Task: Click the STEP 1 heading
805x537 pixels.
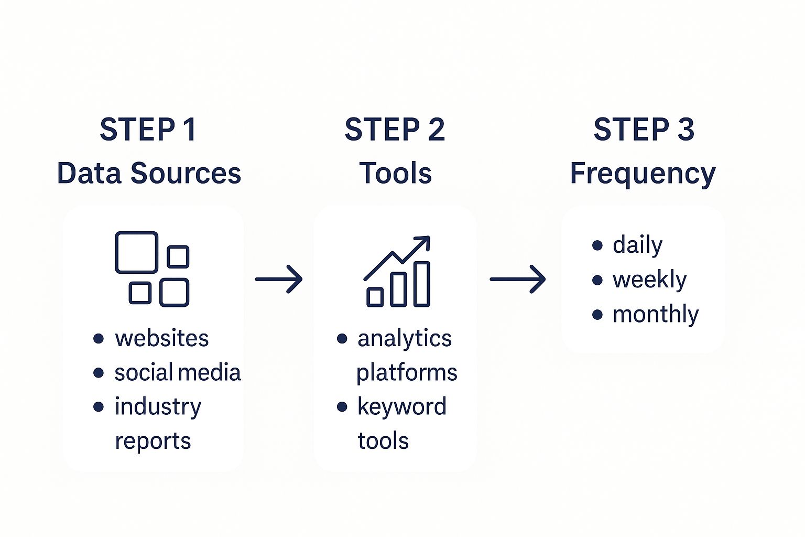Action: [148, 130]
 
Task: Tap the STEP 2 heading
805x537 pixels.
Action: [395, 130]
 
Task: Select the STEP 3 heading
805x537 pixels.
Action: [644, 130]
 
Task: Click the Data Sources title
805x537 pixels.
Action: [149, 173]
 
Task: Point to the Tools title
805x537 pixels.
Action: [395, 173]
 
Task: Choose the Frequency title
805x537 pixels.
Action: [643, 173]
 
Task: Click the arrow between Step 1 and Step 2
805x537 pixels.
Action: [279, 279]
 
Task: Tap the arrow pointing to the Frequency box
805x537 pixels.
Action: [518, 279]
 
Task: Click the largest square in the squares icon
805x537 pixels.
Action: [136, 252]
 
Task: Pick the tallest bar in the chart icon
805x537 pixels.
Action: [422, 284]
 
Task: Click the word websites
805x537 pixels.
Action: [161, 338]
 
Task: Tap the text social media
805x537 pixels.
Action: [177, 372]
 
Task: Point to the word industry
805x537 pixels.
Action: [158, 407]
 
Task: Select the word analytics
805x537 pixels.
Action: [404, 339]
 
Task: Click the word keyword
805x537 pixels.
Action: [401, 406]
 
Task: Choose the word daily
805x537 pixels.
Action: [637, 245]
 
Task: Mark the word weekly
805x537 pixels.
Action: [649, 280]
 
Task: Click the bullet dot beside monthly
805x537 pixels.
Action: [597, 315]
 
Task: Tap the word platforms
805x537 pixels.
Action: [407, 373]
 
